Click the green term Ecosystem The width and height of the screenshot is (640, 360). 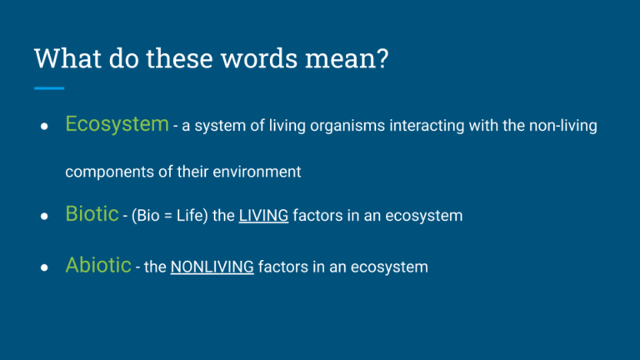[x=117, y=125]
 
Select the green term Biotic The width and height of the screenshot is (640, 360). [x=92, y=214]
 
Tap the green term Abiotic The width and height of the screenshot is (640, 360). [x=97, y=266]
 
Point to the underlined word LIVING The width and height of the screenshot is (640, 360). [x=263, y=216]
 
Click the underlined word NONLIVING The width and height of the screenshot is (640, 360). [x=212, y=267]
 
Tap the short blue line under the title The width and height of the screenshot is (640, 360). [x=49, y=87]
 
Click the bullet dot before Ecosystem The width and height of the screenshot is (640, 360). [x=42, y=127]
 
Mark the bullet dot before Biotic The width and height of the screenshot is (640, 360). [x=42, y=217]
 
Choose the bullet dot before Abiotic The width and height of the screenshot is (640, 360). [x=42, y=268]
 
